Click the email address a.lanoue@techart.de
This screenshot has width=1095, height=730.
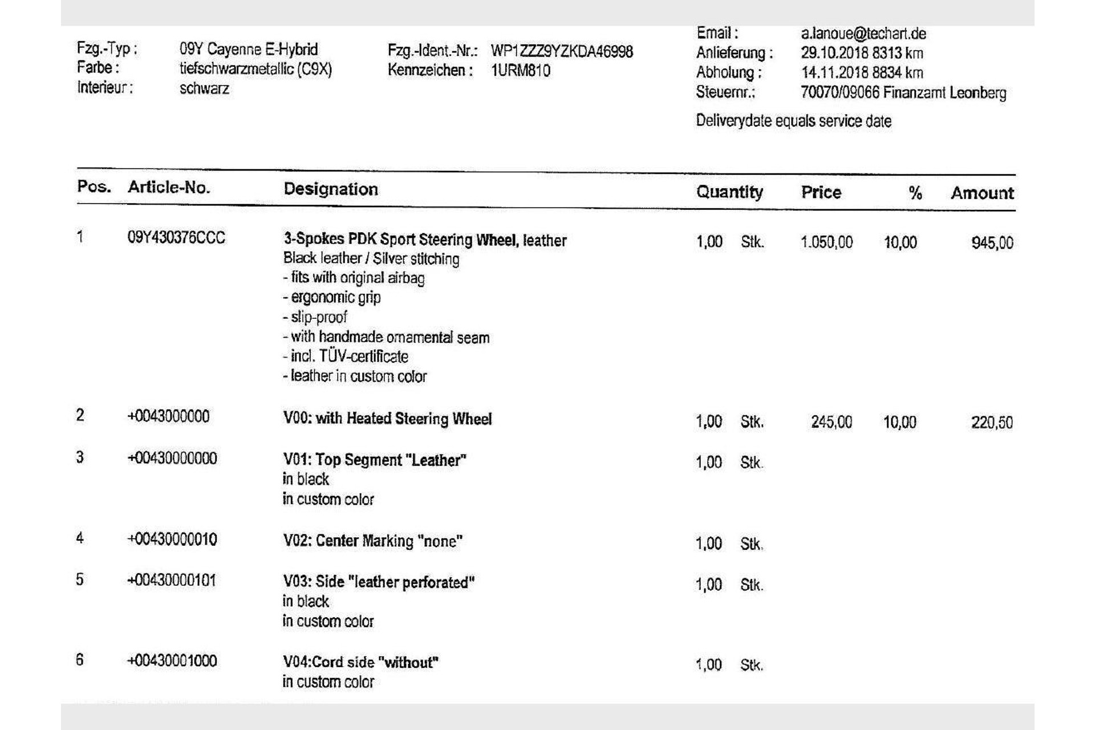coord(863,34)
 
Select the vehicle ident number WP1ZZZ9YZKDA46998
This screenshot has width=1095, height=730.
coord(562,51)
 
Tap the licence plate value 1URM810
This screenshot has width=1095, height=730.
coord(520,71)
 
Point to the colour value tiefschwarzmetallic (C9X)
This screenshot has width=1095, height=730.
coord(255,69)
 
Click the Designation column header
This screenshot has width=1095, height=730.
coord(331,189)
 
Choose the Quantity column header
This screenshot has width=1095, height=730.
coord(729,192)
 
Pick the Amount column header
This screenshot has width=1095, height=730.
coord(982,193)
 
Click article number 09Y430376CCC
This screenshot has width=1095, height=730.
coord(176,237)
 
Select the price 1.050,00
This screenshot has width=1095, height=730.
coord(826,242)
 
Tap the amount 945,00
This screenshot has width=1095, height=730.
coord(992,243)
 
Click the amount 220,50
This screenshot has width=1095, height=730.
coord(992,423)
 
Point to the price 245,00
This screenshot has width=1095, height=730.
coord(832,422)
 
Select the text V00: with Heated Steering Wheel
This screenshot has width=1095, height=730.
coord(387,419)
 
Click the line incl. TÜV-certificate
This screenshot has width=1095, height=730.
coord(346,356)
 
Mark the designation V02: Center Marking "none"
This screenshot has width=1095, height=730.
coord(372,541)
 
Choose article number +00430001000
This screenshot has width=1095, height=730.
coord(172,661)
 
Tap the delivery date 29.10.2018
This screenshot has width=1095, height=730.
coord(834,53)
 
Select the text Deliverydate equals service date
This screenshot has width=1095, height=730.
coord(793,121)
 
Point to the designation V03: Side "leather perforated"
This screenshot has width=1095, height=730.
coord(379,582)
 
